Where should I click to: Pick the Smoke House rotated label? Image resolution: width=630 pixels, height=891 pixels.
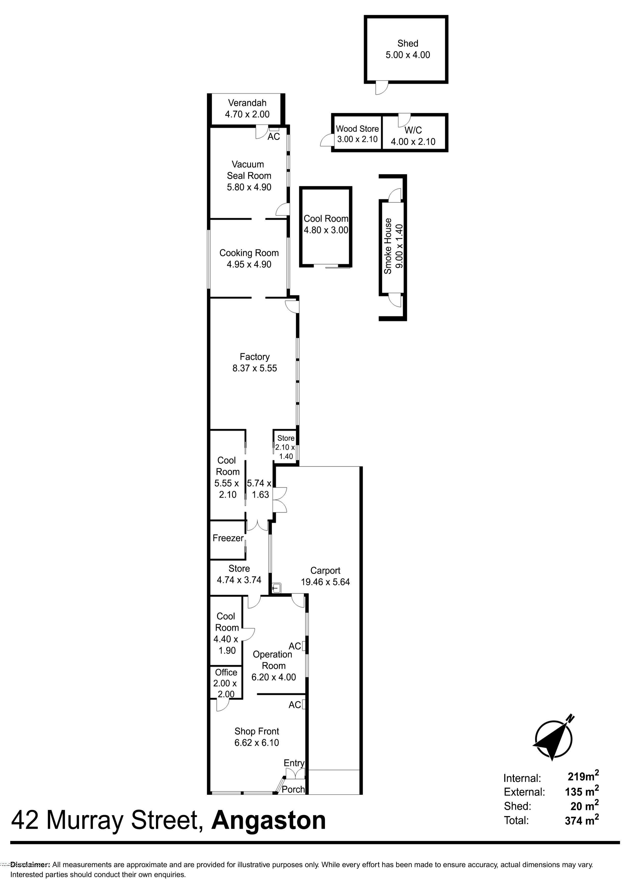pyautogui.click(x=393, y=246)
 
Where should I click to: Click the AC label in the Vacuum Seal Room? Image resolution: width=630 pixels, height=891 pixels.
pyautogui.click(x=274, y=137)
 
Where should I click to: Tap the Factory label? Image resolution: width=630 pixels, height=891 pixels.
pyautogui.click(x=255, y=357)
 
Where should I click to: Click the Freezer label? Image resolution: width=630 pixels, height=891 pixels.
pyautogui.click(x=228, y=538)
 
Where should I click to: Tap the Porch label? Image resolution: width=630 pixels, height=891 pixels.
pyautogui.click(x=293, y=789)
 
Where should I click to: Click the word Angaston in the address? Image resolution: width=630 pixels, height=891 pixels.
pyautogui.click(x=269, y=820)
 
